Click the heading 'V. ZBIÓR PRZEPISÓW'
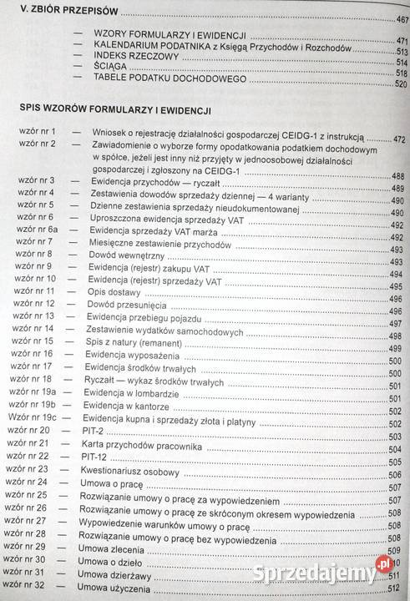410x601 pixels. click(x=61, y=14)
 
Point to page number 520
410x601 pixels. click(x=400, y=84)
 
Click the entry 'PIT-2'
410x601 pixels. click(x=105, y=430)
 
